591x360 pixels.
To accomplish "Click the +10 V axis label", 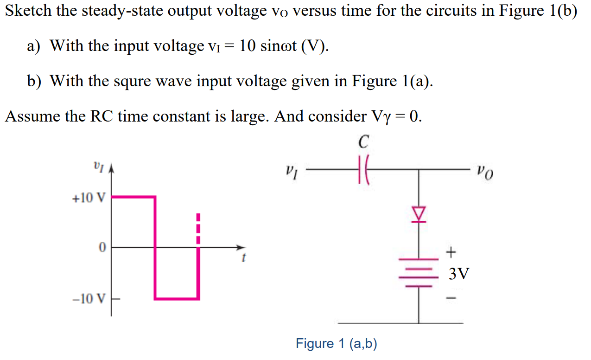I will point(89,199).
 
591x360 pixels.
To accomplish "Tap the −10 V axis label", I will point(89,298).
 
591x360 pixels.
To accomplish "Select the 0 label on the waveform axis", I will point(102,247).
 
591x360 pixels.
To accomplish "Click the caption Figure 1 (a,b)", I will point(337,344).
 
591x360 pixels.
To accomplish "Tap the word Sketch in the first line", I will point(29,11).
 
